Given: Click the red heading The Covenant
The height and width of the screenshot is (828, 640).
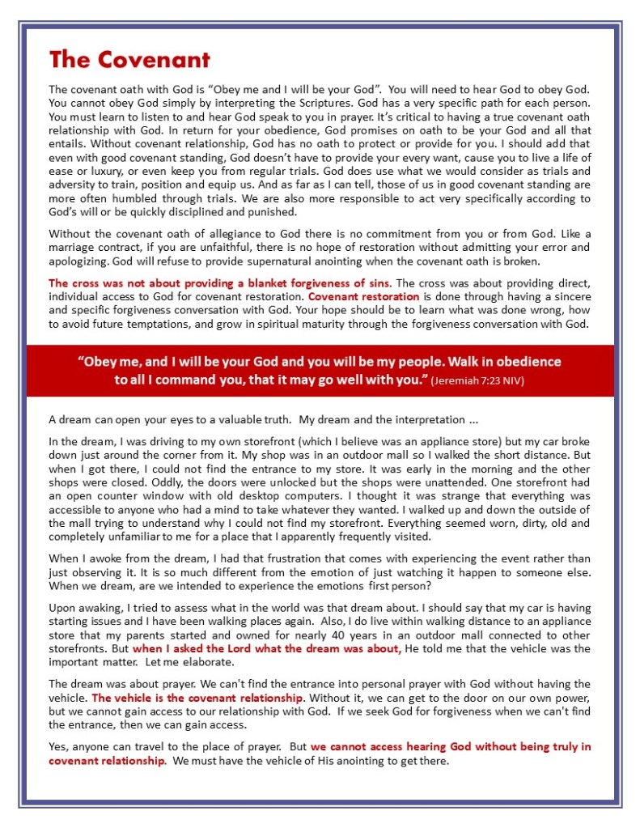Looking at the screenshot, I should point(129,60).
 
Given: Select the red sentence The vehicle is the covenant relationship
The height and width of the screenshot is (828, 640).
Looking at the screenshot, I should point(198,697).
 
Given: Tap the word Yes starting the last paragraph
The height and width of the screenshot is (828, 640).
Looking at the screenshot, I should point(57,745).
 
